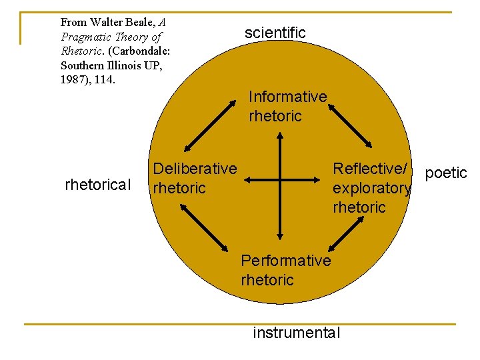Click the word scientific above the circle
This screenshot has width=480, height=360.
tap(275, 33)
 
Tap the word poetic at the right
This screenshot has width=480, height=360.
tap(446, 173)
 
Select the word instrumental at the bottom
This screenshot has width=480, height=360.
tap(296, 333)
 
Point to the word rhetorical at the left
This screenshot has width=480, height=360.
tap(98, 185)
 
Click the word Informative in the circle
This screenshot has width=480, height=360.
tap(287, 97)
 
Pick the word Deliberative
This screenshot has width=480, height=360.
tap(195, 169)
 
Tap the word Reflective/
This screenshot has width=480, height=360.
tap(370, 169)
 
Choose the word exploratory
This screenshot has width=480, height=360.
tap(371, 188)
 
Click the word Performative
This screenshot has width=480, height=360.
tap(285, 260)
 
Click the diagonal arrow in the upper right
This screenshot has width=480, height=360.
tap(351, 125)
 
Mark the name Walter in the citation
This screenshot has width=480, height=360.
tap(109, 22)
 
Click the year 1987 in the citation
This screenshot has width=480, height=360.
tap(73, 80)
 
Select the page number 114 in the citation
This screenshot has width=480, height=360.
tap(106, 80)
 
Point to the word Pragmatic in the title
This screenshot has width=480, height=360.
tap(85, 37)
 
